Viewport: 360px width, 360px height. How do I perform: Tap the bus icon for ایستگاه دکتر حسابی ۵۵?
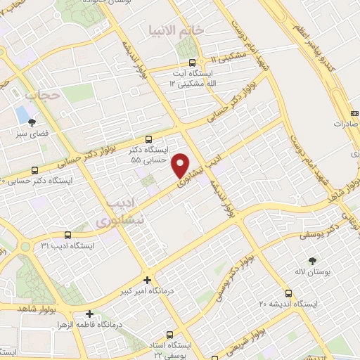148,140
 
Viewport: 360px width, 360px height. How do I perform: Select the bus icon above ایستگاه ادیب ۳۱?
67,235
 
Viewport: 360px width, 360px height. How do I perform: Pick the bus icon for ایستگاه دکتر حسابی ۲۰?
35,170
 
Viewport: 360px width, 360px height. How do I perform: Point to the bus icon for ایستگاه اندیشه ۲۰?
288,293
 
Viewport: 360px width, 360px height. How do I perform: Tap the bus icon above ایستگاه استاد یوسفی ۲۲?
168,335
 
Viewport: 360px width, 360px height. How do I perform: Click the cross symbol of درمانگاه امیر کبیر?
147,279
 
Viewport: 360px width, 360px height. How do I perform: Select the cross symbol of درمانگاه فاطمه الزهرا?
89,314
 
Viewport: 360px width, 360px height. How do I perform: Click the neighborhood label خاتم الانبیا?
176,30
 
